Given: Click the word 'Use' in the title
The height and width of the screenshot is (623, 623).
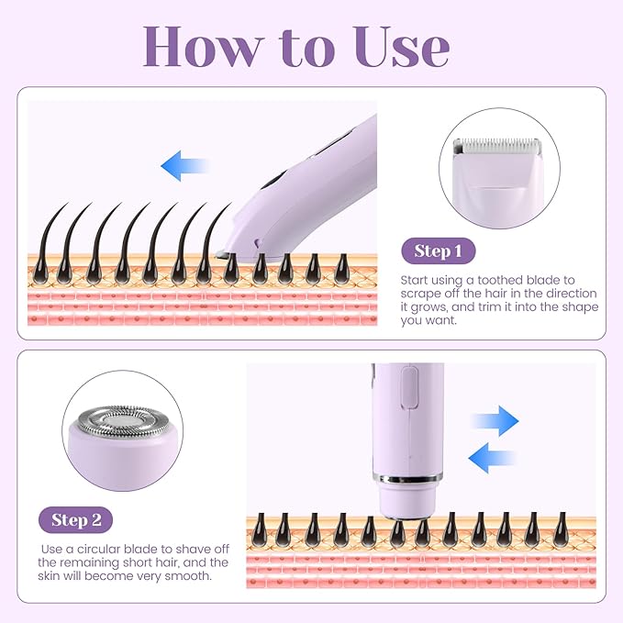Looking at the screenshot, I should [407, 46].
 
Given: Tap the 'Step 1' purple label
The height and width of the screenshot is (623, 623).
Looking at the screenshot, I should [438, 251].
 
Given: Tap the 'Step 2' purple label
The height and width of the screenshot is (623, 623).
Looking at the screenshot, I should [75, 520].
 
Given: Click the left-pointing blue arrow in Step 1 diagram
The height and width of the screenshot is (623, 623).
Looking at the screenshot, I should [183, 167].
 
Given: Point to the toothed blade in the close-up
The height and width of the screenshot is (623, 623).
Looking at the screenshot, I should [501, 146].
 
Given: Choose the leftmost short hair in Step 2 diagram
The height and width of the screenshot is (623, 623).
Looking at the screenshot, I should [256, 529].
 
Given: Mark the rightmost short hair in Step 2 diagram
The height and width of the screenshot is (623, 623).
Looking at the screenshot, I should [561, 529].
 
